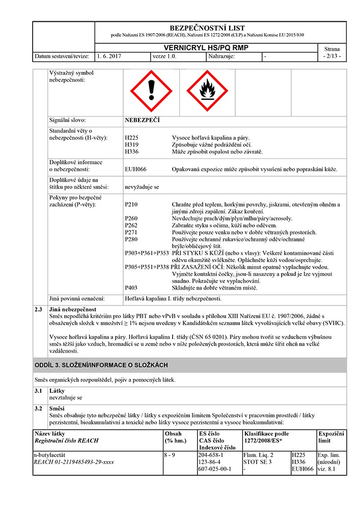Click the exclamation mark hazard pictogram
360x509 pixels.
(x=151, y=92)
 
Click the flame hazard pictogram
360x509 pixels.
(x=207, y=92)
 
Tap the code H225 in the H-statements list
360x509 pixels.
(x=131, y=137)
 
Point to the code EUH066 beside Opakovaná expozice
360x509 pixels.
(x=135, y=169)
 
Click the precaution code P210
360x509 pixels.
(x=131, y=205)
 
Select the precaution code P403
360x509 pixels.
(x=131, y=288)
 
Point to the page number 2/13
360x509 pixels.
(x=332, y=56)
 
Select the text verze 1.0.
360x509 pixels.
(x=164, y=56)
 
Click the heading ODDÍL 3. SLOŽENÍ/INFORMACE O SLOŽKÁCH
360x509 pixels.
(x=101, y=365)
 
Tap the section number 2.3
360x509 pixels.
(x=38, y=309)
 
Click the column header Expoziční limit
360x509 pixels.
(x=331, y=437)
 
